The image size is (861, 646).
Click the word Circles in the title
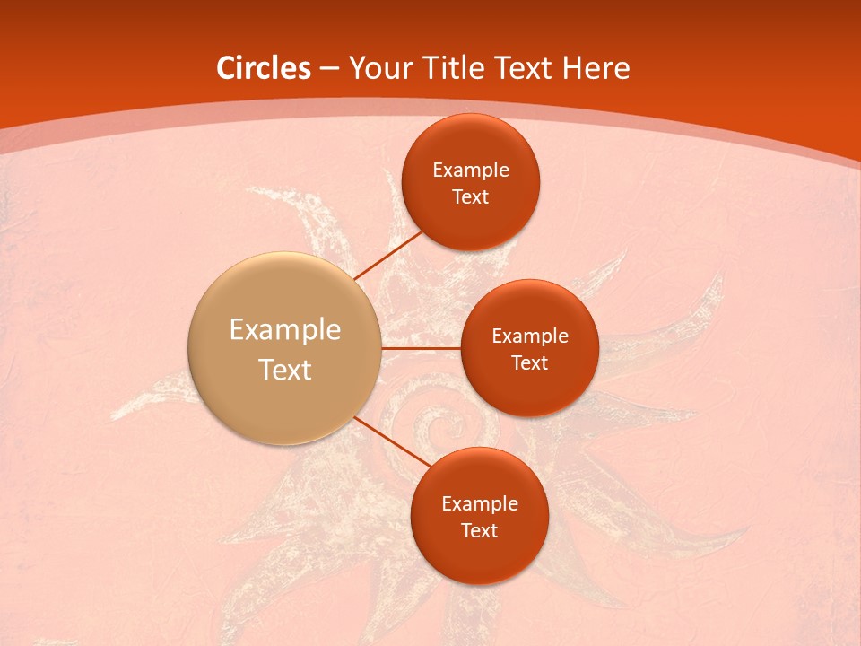coord(263,68)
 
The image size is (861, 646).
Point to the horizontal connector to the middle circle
coord(421,348)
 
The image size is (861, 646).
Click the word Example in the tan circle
coord(285,330)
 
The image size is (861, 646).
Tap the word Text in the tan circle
coord(285,370)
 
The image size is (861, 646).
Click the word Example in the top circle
coord(471,170)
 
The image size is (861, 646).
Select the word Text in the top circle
coord(470,196)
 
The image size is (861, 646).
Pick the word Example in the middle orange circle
coord(530,336)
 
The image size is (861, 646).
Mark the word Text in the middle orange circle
coord(529,362)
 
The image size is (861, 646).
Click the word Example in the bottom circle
coord(480,503)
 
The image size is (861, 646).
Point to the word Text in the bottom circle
coord(479,530)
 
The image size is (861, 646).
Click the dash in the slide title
coord(329,68)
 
